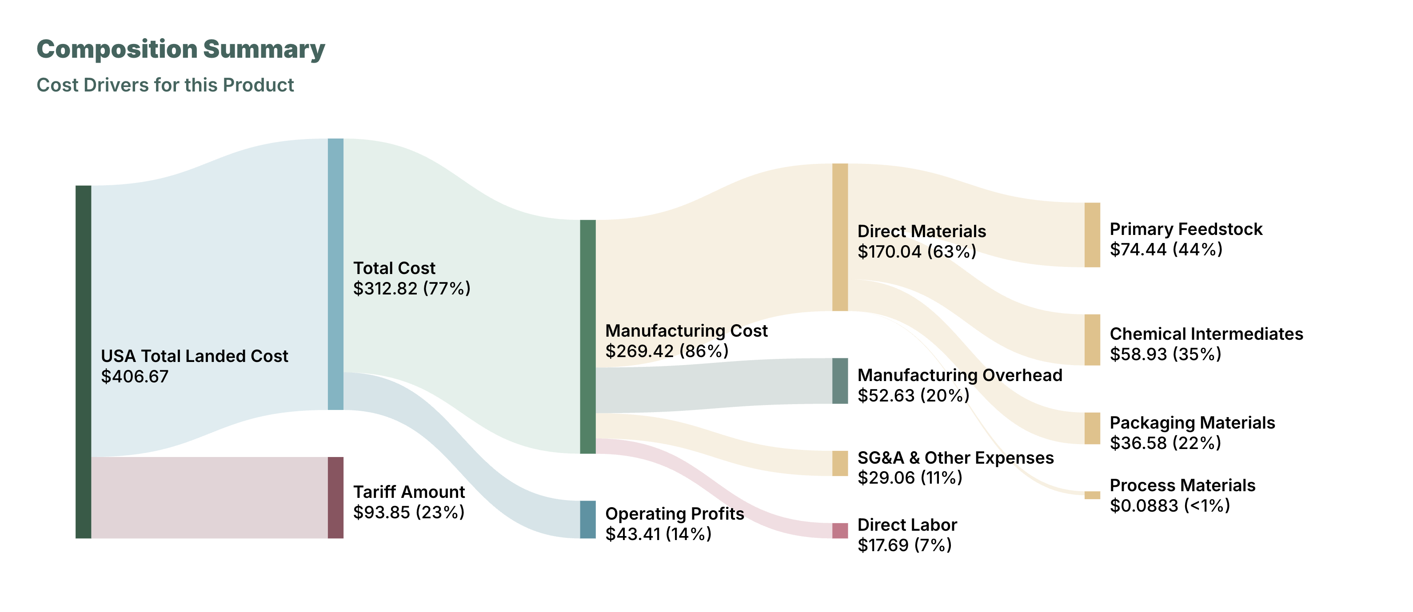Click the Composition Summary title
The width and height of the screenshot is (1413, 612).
pos(180,49)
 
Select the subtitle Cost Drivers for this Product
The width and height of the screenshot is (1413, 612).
pos(165,85)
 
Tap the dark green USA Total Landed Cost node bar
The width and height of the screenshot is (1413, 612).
pos(84,362)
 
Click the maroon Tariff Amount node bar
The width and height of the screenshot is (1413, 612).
pos(335,497)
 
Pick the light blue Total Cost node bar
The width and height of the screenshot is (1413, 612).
pos(335,274)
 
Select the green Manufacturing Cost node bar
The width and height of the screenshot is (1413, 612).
pos(587,337)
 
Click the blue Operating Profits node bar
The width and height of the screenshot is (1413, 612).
pos(587,519)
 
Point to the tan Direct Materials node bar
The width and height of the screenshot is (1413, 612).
pos(840,237)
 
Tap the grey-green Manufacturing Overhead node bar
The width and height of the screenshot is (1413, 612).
pos(840,381)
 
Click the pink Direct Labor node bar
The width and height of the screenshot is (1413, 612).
pos(840,530)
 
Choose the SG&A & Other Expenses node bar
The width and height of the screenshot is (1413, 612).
pos(840,463)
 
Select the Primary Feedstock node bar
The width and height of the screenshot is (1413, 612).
pos(1092,234)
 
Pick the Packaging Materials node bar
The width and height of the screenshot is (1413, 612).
pos(1092,428)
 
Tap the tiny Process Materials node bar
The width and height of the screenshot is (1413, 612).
pos(1092,495)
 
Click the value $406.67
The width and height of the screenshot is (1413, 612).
pos(134,377)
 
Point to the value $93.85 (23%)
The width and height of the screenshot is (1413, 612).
pos(409,512)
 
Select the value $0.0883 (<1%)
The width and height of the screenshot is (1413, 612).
pos(1170,505)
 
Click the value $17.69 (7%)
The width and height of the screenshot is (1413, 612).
pos(905,545)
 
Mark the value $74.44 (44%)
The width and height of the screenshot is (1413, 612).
pos(1166,250)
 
